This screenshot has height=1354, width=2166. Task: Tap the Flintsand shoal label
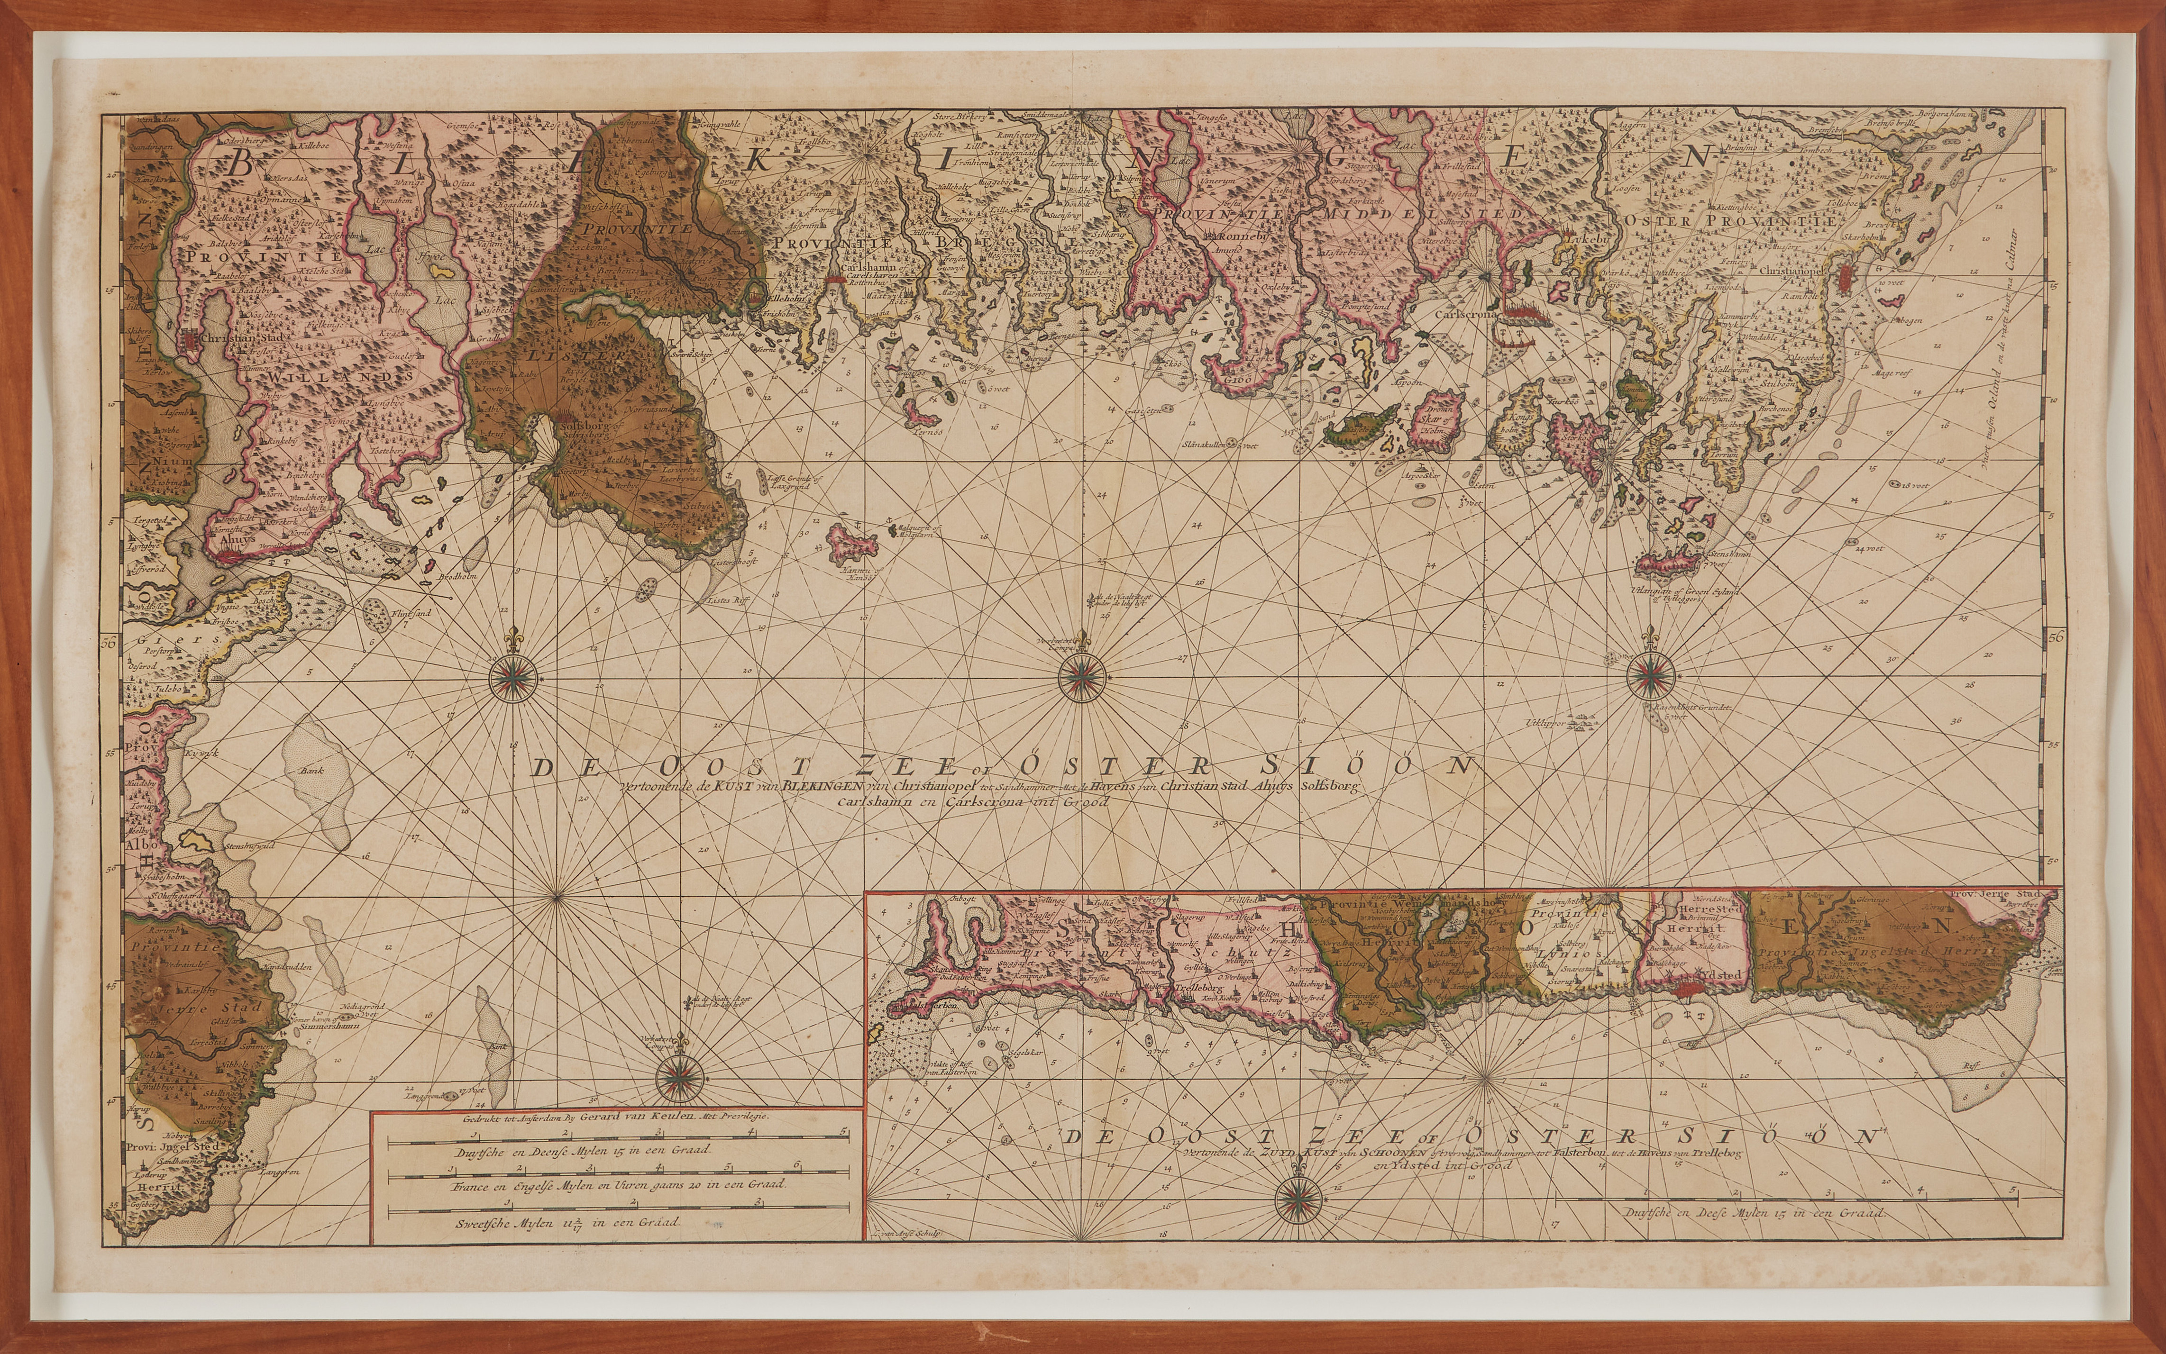coord(386,613)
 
